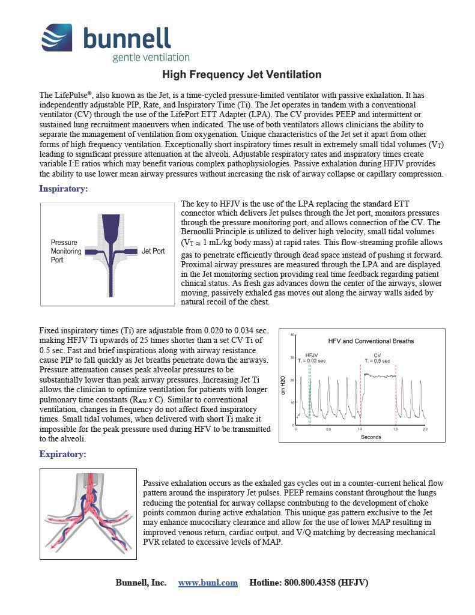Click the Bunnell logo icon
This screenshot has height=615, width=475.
(x=57, y=37)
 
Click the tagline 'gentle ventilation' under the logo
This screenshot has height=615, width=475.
(x=151, y=57)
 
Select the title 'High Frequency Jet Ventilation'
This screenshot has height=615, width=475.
(x=242, y=74)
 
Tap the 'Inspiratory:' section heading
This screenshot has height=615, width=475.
(x=64, y=189)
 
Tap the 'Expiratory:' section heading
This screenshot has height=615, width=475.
(x=62, y=454)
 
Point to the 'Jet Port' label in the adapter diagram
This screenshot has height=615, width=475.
(x=153, y=251)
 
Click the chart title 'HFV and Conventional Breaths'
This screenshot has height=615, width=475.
(x=371, y=341)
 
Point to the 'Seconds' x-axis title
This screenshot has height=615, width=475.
(x=371, y=437)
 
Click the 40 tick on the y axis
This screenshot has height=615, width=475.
(x=292, y=335)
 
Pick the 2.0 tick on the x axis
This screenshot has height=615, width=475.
(x=425, y=429)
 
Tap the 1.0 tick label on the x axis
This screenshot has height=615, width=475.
(x=360, y=429)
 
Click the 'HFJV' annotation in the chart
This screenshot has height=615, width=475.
(x=312, y=355)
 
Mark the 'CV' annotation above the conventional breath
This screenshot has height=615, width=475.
(x=377, y=355)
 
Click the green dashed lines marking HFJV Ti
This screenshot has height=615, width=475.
(x=309, y=390)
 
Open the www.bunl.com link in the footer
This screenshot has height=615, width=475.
(x=208, y=583)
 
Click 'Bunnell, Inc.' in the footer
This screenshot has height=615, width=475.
(x=141, y=583)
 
